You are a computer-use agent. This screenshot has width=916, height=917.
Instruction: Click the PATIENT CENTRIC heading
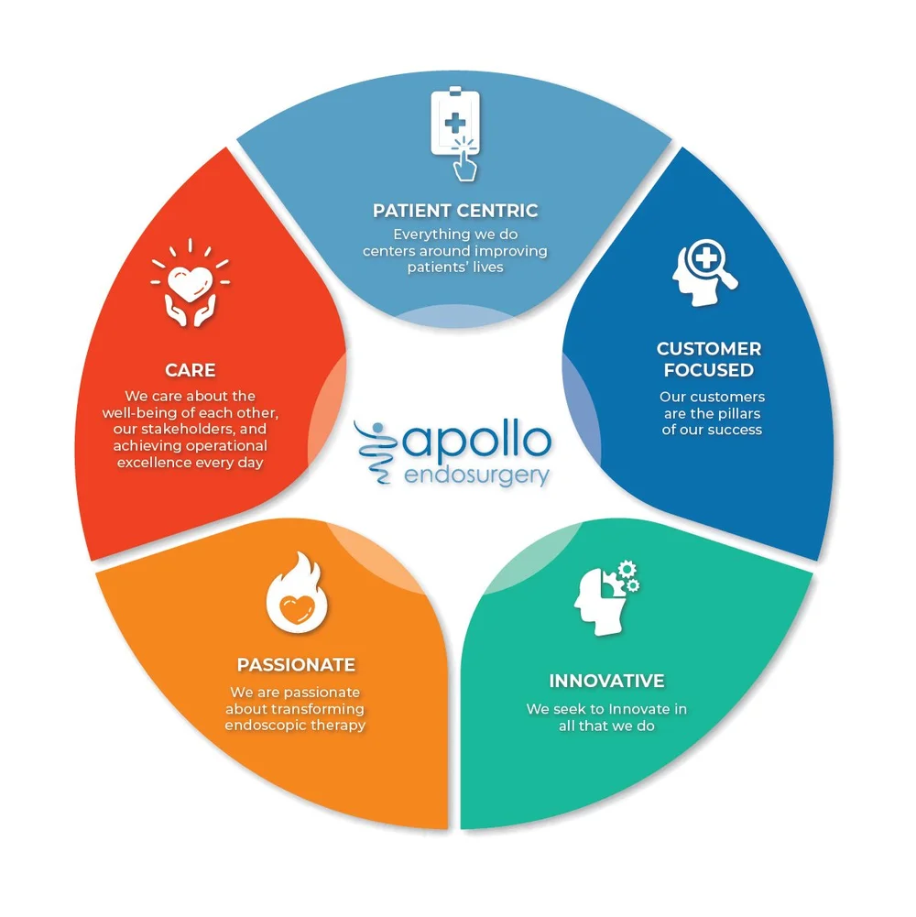tap(455, 211)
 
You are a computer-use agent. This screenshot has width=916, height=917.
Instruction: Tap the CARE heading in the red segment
tap(191, 371)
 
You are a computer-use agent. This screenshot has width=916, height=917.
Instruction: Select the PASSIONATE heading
tap(296, 665)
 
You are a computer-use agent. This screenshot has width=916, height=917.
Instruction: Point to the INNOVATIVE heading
tap(606, 682)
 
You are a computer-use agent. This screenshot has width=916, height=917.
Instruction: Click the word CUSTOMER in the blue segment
tap(709, 349)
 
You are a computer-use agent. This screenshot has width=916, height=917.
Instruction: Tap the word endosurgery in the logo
tap(476, 476)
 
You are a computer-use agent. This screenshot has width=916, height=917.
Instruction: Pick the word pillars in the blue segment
tap(741, 413)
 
